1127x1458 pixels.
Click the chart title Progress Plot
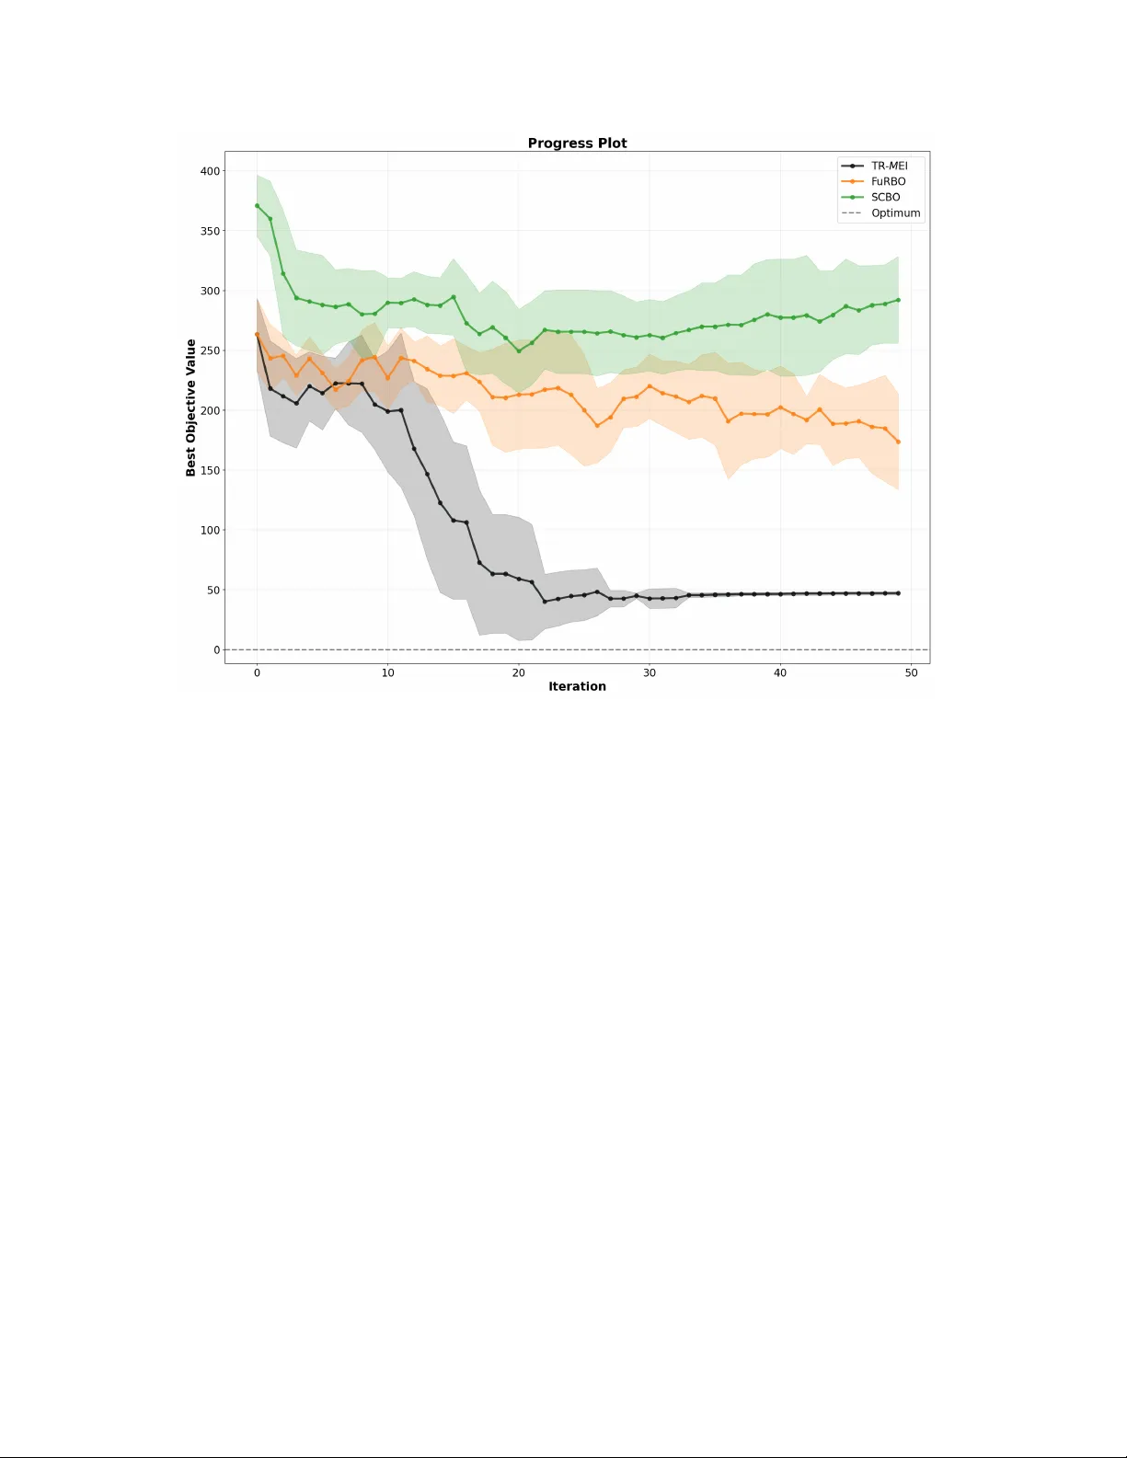577,144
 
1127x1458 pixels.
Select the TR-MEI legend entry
889,166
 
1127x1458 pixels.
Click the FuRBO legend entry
888,182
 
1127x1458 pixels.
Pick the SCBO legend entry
885,198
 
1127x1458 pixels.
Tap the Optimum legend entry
895,213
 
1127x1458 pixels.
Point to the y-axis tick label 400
210,171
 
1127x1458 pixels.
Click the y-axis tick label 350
210,231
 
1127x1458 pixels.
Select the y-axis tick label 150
210,470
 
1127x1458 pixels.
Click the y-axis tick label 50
213,590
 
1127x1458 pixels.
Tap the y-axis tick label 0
217,650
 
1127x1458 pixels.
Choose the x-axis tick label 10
387,672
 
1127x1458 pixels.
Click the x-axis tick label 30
650,672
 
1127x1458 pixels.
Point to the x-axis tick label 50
911,672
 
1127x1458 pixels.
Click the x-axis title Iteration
577,686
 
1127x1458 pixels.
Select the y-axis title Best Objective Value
191,408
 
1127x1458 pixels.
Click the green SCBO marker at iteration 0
257,206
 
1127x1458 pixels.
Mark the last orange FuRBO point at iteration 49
898,442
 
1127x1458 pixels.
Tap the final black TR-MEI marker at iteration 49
898,593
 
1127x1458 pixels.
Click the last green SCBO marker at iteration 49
898,300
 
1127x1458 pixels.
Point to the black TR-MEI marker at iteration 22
545,602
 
